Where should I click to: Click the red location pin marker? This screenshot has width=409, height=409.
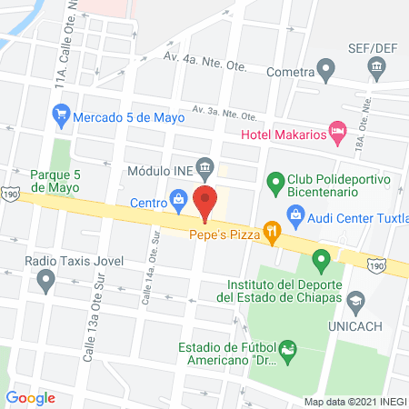(205, 202)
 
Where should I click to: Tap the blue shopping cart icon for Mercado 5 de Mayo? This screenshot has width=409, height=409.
(61, 115)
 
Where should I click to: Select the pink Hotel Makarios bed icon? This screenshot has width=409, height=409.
(337, 133)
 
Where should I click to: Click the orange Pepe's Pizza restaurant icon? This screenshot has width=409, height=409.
(270, 233)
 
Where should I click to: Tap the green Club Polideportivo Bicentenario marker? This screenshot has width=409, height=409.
(275, 182)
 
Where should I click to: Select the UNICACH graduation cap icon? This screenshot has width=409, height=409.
(356, 299)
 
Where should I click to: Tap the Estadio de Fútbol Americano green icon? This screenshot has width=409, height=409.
(289, 350)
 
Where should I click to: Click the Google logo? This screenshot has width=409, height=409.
(31, 397)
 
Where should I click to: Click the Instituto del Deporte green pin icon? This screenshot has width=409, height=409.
(320, 263)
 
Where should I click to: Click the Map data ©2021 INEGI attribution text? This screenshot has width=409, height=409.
(354, 402)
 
